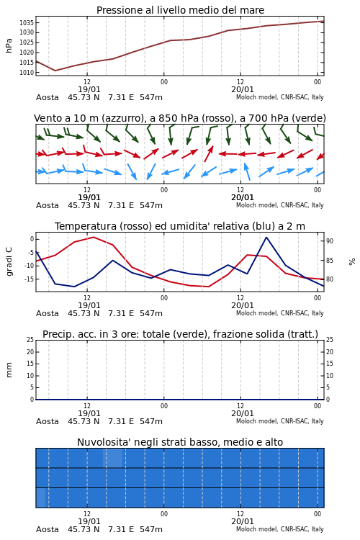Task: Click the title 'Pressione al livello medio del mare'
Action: point(180,10)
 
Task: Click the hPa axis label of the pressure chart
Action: point(9,45)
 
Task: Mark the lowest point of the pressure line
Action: point(55,71)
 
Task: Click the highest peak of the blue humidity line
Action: point(266,238)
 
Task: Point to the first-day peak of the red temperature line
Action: point(94,237)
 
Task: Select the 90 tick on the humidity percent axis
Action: point(330,241)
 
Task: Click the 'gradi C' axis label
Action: point(9,261)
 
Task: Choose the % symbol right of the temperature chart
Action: point(352,262)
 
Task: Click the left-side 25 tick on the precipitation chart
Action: point(30,340)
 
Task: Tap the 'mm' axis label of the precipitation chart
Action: point(9,370)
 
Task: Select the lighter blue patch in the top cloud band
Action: point(112,458)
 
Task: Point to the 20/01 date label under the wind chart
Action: point(243,198)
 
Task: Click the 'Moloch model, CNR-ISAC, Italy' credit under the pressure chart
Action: point(280,97)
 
